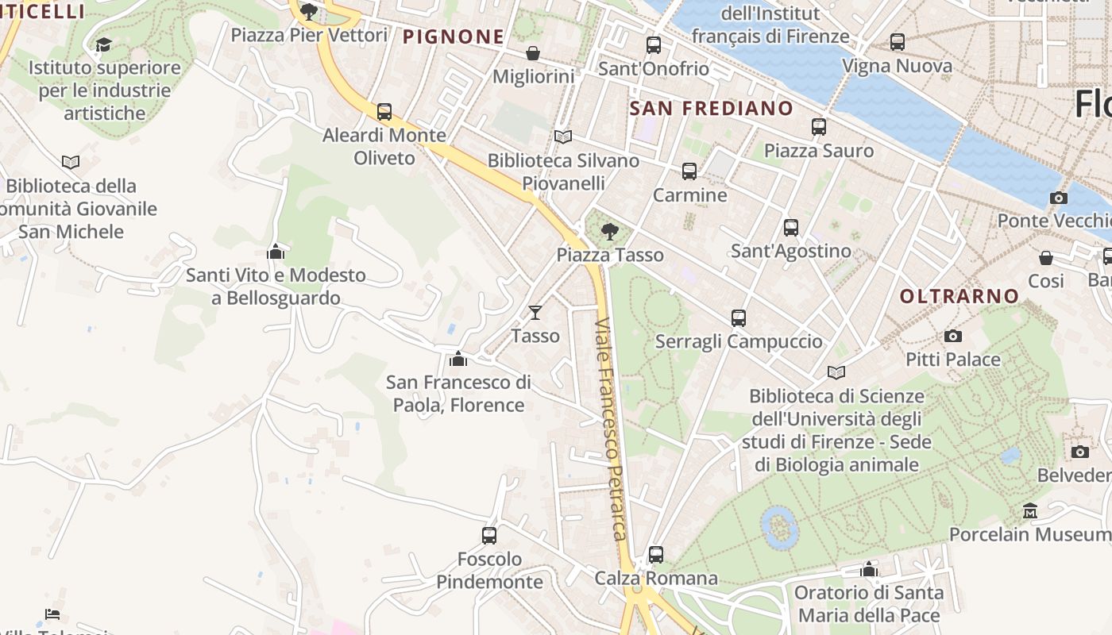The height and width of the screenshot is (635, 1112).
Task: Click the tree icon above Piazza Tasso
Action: point(609,232)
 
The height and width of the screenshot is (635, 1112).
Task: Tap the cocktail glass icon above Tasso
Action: point(535,313)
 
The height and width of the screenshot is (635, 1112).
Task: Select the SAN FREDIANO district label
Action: point(711,109)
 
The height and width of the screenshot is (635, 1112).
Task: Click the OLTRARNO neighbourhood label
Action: point(959,296)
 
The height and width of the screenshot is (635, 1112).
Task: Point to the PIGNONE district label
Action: point(454,37)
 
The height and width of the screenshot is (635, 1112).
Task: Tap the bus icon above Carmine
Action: point(689,171)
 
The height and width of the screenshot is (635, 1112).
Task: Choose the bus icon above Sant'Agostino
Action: point(790,228)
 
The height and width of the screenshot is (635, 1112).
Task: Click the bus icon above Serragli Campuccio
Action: point(738,318)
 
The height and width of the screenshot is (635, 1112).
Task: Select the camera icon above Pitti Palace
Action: point(952,337)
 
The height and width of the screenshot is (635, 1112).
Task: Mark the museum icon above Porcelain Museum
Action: point(1030,511)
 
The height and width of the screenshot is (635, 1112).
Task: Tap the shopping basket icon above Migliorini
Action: point(533,53)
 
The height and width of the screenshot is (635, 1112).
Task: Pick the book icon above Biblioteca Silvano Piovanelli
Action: point(563,137)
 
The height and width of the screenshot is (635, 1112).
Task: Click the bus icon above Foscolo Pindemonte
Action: point(489,536)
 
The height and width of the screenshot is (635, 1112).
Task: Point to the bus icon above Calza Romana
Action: point(655,555)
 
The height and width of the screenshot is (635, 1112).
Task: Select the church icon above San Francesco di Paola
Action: point(458,360)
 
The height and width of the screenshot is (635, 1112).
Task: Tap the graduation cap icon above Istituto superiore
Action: point(103,44)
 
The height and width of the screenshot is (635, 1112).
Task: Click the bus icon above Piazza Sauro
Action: point(818,127)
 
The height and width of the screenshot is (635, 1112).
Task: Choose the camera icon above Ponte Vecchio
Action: point(1058,198)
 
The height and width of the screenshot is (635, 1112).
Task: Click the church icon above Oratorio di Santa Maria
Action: point(869,569)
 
